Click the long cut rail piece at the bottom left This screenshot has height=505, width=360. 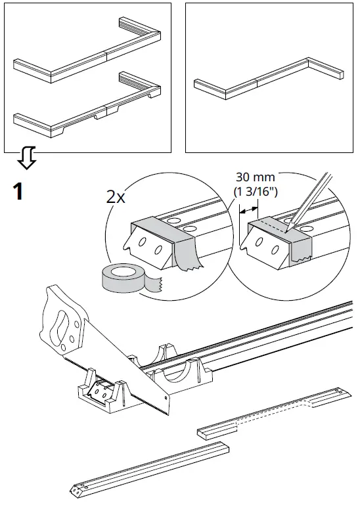tap(151, 468)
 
